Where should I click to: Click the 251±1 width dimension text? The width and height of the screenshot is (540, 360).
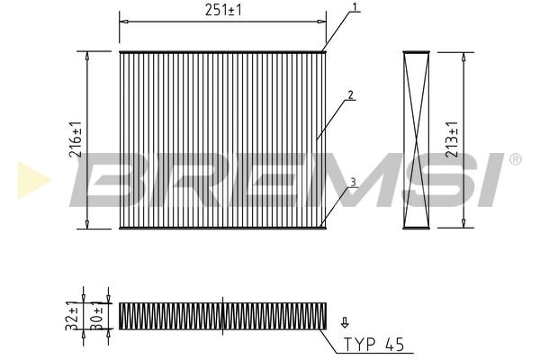[x=223, y=10]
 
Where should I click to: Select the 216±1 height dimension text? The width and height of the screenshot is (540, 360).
[x=76, y=139]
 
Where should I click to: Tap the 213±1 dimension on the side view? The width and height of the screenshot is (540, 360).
[x=452, y=139]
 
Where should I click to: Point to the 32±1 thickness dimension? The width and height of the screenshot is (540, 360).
[x=72, y=316]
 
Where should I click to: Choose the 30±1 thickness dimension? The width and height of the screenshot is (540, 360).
[x=97, y=316]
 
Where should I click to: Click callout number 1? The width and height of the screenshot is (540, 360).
[x=355, y=6]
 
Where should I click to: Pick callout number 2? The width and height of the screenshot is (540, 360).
[x=351, y=94]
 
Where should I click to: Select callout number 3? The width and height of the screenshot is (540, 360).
[x=353, y=182]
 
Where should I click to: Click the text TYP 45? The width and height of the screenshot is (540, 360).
[x=374, y=344]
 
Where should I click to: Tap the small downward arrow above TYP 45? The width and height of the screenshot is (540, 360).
[x=345, y=322]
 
